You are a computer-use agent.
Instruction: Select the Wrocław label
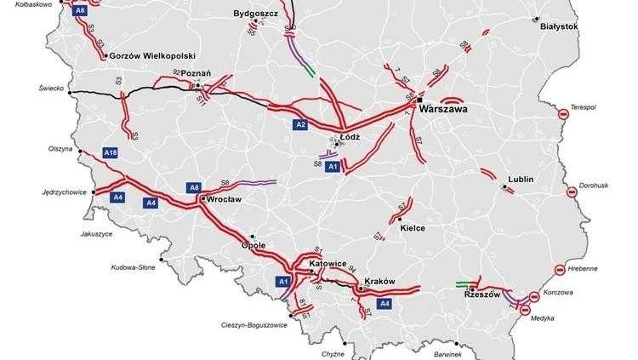(225, 199)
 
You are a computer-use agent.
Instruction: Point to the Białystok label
(559, 26)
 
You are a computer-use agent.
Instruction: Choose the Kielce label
(412, 228)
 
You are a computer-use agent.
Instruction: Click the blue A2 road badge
(300, 125)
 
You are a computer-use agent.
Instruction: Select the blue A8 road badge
(194, 187)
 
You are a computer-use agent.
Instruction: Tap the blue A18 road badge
(110, 152)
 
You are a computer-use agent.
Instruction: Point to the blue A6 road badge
(80, 10)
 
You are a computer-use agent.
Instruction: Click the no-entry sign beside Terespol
(562, 114)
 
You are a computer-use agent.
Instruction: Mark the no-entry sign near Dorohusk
(572, 192)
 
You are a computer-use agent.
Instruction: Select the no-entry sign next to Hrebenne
(561, 270)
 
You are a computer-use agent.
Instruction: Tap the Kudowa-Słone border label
(134, 267)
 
